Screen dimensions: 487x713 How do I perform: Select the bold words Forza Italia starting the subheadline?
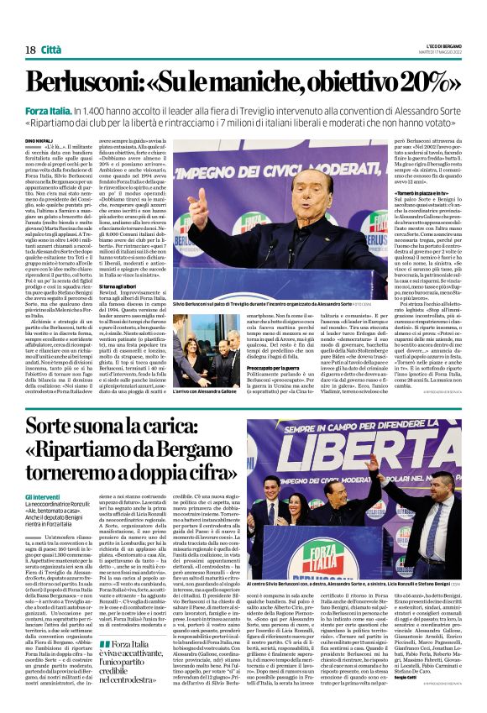[48, 112]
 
